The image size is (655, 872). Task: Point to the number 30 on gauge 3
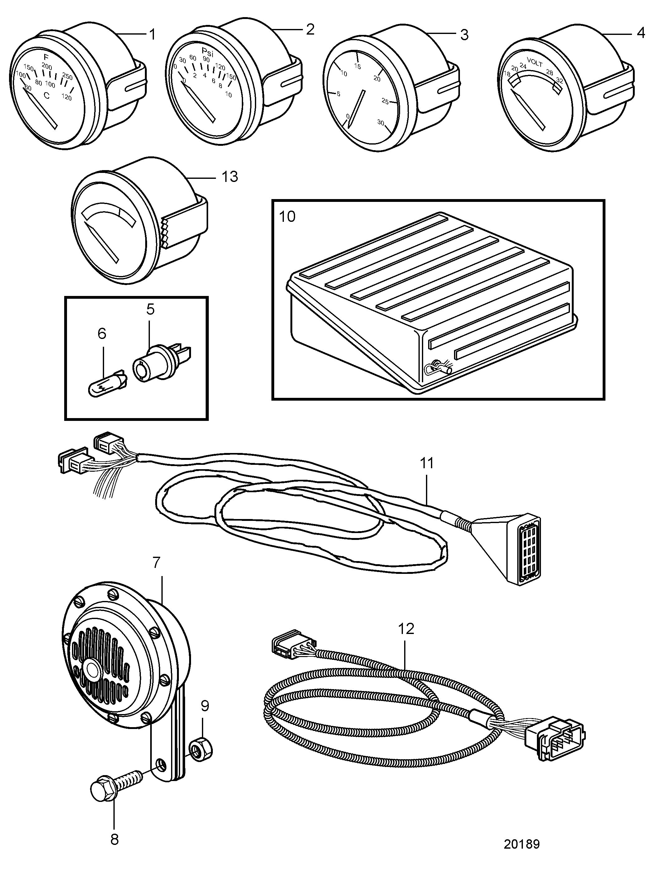[380, 123]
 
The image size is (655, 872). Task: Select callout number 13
[230, 177]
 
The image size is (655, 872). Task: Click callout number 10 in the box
[287, 217]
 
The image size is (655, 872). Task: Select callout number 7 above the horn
[156, 563]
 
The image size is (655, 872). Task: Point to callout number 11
[427, 463]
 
